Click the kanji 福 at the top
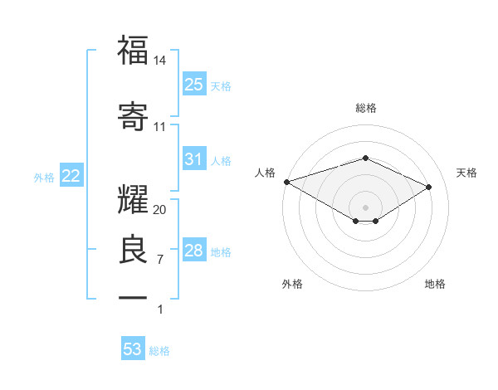coord(133,51)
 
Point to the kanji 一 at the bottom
coord(133,297)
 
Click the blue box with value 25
coord(194,84)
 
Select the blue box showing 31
coord(194,158)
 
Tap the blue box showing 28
coord(194,250)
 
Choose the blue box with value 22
coord(71,175)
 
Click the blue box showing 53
coord(133,349)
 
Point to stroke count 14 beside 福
coord(160,60)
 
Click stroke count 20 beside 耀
coord(160,209)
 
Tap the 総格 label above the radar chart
coord(366,108)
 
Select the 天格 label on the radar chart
coord(466,173)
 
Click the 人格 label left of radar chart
coord(266,173)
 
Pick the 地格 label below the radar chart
coord(435,284)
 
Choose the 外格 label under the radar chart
coord(292,284)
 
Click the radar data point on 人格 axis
coord(286,181)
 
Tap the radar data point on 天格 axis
coord(429,187)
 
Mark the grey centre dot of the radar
coord(365,207)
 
